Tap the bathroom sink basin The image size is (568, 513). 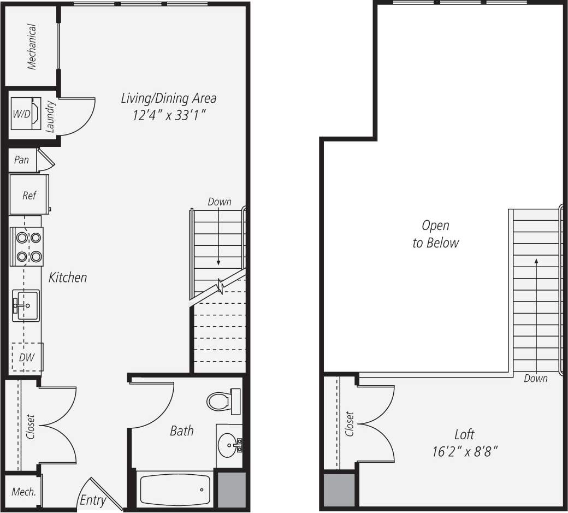click(x=227, y=446)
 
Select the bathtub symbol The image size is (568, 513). click(x=175, y=489)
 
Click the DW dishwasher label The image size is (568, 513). click(x=26, y=358)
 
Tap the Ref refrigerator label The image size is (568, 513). click(x=29, y=195)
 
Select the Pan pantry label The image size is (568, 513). click(x=22, y=160)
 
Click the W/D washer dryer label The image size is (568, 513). click(x=22, y=114)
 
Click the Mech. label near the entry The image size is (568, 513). click(x=24, y=492)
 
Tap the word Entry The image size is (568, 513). click(x=93, y=500)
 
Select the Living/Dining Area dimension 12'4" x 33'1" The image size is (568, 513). click(x=168, y=115)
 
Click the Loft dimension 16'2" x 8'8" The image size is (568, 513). click(x=464, y=452)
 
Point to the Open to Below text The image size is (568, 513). click(x=435, y=234)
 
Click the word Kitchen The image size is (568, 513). click(x=68, y=278)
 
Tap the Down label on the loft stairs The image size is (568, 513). click(x=535, y=378)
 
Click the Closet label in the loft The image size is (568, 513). click(x=350, y=424)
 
